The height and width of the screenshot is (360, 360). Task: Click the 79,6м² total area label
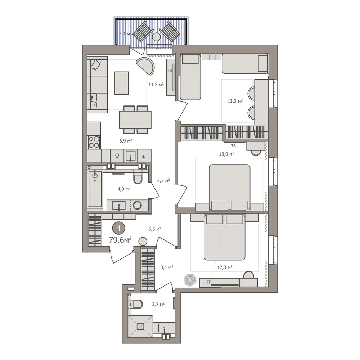[x=120, y=240]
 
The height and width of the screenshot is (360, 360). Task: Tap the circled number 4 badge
[x=119, y=228]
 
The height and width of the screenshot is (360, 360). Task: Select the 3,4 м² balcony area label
[x=125, y=34]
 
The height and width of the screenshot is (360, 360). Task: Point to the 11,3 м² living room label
[x=156, y=85]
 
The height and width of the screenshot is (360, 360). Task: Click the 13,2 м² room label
[x=235, y=101]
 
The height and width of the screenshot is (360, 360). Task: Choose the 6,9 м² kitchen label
[x=125, y=141]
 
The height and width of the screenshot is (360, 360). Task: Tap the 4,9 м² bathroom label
[x=124, y=189]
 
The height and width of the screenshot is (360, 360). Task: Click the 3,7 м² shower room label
[x=158, y=305]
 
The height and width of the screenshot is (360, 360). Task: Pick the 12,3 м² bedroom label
[x=225, y=267]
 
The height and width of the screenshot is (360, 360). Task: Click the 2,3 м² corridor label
[x=163, y=180]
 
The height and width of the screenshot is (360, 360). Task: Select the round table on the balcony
[x=156, y=37]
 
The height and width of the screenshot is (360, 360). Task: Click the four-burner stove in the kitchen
[x=94, y=142]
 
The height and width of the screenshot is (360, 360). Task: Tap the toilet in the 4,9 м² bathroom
[x=138, y=178]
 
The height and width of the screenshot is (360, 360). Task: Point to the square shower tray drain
[x=140, y=326]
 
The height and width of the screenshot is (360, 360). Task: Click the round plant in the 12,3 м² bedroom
[x=190, y=280]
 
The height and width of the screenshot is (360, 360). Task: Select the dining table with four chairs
[x=135, y=120]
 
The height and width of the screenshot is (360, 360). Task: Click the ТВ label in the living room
[x=170, y=71]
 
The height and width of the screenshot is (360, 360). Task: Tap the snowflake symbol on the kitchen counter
[x=144, y=157]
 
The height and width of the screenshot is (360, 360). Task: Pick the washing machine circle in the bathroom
[x=137, y=205]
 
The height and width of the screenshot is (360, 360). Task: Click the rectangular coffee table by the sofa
[x=121, y=83]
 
